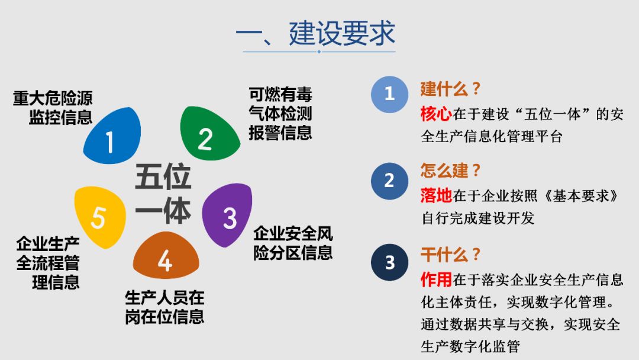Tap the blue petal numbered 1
pos(112,137)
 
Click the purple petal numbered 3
pos(228,214)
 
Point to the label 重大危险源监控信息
pos(53,107)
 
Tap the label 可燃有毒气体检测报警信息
pos(280,113)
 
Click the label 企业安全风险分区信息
pos(293,243)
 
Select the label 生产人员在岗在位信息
pos(164,306)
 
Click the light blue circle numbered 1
pos(389,94)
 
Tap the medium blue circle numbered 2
pos(389,180)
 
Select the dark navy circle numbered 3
pos(389,262)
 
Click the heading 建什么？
pos(450,89)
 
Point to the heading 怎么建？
pos(450,172)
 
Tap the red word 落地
pos(436,195)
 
